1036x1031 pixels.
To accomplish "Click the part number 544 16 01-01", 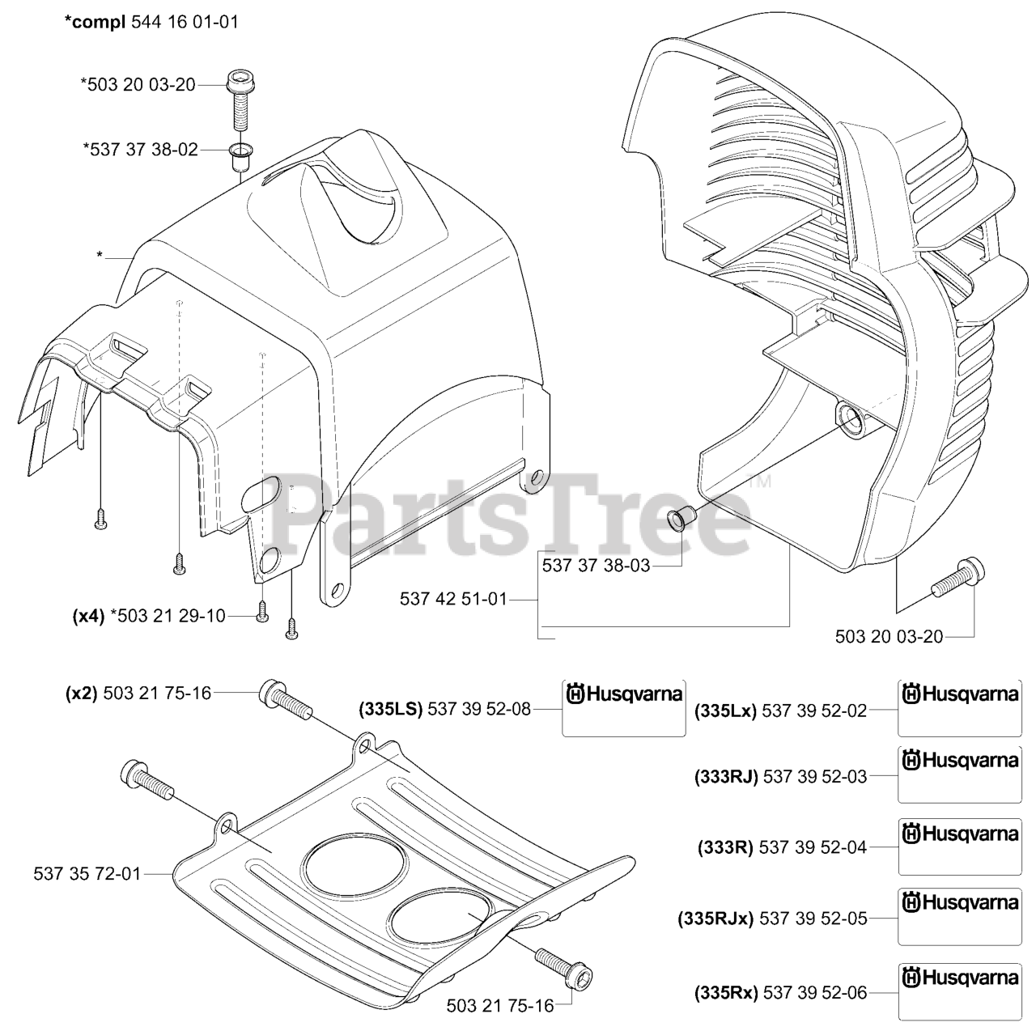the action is (x=185, y=22).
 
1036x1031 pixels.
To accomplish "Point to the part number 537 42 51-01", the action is (x=453, y=599).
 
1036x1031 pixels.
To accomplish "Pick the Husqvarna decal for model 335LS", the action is (x=624, y=707).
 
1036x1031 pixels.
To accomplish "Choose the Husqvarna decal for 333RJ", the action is (x=960, y=774).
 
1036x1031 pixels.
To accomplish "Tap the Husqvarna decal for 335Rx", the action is (x=960, y=991).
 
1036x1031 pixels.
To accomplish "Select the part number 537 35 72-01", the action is (x=87, y=873).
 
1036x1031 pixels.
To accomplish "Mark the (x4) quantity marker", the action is (x=88, y=616).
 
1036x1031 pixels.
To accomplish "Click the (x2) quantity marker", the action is (x=81, y=693).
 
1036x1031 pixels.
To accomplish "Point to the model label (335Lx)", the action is (x=725, y=711).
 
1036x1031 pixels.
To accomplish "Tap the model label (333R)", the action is (x=725, y=847).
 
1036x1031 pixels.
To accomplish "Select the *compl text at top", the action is (x=95, y=22).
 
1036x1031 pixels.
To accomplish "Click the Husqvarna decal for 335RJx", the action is (x=960, y=916).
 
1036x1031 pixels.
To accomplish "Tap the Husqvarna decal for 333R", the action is (x=960, y=846).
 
